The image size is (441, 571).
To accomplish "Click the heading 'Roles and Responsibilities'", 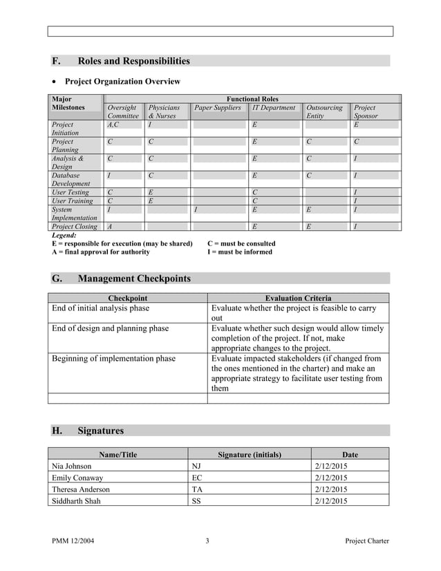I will [133, 61].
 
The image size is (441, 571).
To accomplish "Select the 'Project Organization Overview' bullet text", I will [122, 82].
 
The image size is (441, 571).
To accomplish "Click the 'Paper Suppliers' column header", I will [218, 108].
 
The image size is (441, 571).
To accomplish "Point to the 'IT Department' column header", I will [274, 108].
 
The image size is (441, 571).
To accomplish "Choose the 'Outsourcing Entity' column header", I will [324, 112].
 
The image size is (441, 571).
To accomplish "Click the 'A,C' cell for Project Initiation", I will [113, 125].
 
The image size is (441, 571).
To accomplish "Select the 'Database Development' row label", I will [71, 180].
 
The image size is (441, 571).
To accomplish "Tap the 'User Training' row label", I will [72, 201].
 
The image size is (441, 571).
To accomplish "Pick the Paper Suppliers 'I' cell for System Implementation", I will [197, 209].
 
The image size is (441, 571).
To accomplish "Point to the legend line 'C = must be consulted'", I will [241, 243].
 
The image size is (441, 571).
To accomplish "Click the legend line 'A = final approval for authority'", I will [101, 252].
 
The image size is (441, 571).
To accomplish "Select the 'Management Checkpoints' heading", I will [134, 279].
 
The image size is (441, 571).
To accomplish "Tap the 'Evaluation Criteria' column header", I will [298, 298].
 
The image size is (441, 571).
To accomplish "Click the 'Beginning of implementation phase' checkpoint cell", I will [114, 359].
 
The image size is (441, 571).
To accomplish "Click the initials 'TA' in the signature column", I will [197, 489].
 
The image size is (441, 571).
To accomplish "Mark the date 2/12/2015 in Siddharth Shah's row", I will [330, 501].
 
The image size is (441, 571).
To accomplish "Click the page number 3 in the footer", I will [207, 541].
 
